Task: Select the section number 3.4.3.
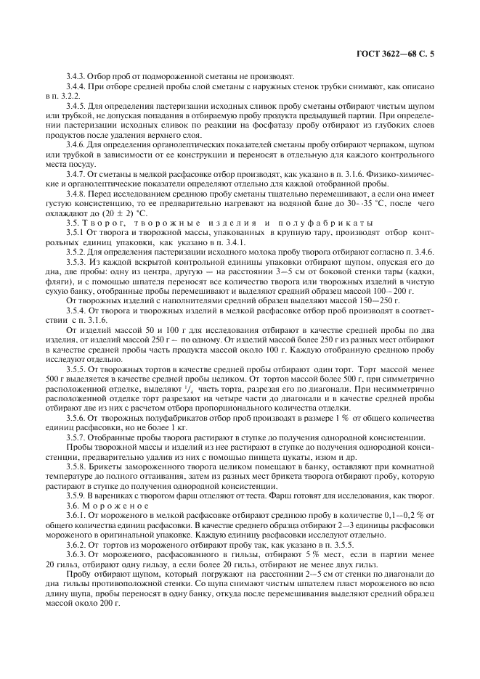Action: pos(76,75)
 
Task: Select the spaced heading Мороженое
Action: pos(116,505)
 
